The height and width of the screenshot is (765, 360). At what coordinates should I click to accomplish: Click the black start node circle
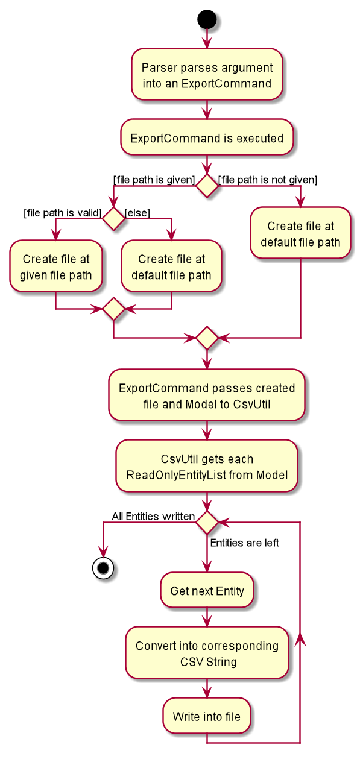tap(207, 19)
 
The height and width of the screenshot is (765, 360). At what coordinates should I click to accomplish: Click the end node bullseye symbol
tap(103, 568)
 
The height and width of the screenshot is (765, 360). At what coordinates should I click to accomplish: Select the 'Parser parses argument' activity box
tap(207, 75)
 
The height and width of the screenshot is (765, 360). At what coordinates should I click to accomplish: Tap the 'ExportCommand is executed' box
tap(207, 137)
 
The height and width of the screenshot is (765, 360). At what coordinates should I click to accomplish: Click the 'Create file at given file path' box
tap(56, 266)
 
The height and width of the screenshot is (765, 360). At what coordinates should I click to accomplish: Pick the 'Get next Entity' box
tap(207, 590)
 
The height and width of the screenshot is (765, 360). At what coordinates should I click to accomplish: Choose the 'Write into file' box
tap(207, 716)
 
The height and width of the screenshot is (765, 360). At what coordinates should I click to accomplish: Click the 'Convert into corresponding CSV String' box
tap(207, 653)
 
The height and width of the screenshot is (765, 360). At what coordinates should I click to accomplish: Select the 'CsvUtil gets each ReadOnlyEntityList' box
tap(207, 466)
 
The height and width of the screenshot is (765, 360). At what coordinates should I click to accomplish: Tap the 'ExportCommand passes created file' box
tap(207, 395)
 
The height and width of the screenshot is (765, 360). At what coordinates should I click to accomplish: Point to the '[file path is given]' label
tap(154, 180)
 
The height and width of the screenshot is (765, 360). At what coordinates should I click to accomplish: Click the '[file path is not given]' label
tap(268, 180)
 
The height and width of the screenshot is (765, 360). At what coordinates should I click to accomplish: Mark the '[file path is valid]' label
tap(63, 213)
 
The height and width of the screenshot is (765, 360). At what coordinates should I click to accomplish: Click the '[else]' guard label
tap(137, 213)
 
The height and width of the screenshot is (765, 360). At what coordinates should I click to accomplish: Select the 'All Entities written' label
tap(153, 517)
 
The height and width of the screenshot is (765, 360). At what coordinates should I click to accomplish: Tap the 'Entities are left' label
tap(245, 543)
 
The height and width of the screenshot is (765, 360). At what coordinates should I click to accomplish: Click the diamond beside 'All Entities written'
tap(207, 523)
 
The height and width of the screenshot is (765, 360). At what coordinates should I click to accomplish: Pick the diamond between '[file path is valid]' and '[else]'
tap(113, 219)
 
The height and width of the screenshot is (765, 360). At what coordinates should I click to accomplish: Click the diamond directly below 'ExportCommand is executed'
tap(207, 186)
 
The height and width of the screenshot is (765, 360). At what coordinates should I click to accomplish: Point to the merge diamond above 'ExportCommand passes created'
tap(207, 338)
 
